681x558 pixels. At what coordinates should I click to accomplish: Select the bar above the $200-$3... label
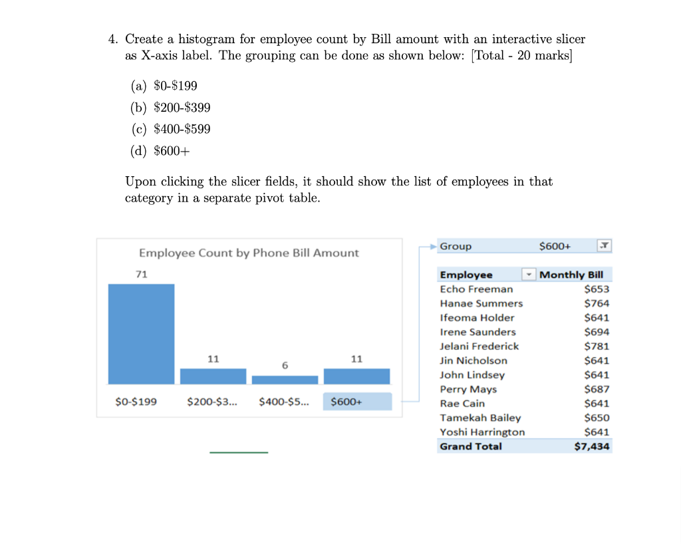pos(213,376)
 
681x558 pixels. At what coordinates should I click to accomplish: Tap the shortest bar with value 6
pos(285,380)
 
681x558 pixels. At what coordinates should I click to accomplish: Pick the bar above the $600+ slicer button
pos(356,376)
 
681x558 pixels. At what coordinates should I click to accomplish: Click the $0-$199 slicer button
pos(136,402)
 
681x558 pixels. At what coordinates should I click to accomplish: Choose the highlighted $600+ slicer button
pos(357,402)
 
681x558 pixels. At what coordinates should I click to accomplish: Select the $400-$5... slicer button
pos(284,402)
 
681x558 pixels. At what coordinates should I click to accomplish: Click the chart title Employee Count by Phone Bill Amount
pos(248,253)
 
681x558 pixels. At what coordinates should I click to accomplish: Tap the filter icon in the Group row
pos(604,246)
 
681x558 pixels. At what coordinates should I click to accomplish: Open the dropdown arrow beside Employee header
pos(529,275)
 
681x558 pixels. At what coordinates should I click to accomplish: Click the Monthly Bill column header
pos(571,275)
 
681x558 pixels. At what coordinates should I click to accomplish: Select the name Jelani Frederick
pos(479,346)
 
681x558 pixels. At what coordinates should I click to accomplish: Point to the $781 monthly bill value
pos(596,346)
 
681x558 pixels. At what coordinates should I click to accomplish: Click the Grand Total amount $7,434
pos(591,446)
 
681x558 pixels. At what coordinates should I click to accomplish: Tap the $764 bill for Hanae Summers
pos(596,303)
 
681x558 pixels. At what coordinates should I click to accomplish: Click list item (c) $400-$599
pos(170,129)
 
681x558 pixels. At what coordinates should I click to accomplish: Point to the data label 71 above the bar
pos(141,274)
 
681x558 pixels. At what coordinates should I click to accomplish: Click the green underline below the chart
pos(239,453)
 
